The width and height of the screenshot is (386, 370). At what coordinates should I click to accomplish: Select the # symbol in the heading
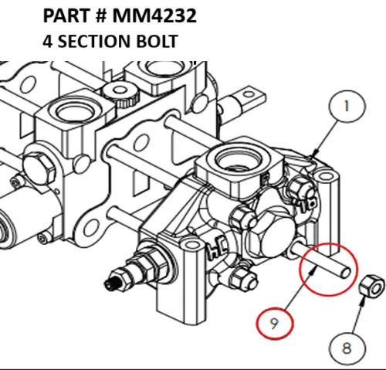pyautogui.click(x=100, y=16)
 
